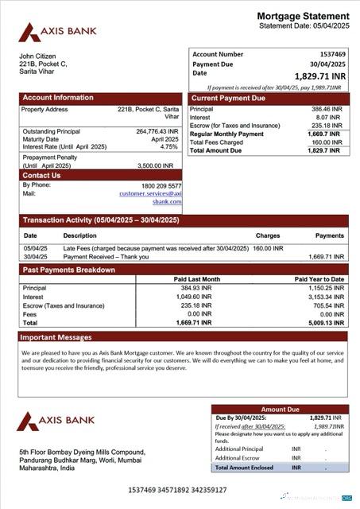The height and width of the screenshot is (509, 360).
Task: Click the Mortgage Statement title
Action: (302, 16)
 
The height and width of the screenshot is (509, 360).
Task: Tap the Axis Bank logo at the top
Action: (58, 32)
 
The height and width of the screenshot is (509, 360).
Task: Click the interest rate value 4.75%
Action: (168, 147)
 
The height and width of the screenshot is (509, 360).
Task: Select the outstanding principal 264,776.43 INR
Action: (157, 131)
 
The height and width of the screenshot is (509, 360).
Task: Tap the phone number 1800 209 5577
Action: (161, 185)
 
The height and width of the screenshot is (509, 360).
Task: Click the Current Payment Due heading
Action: (228, 99)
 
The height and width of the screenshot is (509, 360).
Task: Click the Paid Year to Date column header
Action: (319, 279)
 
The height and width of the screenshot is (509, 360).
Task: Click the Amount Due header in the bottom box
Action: (279, 410)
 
